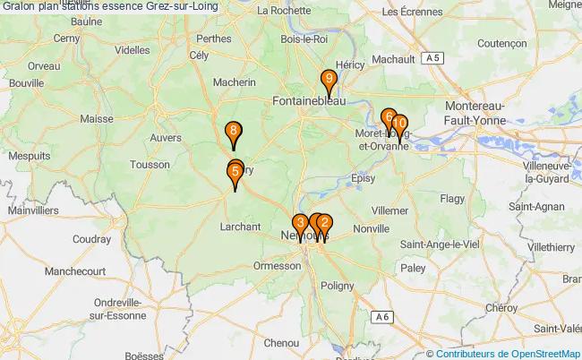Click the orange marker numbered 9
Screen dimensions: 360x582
[330, 81]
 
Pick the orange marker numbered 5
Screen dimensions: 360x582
[235, 173]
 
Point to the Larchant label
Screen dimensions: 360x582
[239, 227]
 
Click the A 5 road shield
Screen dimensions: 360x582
[433, 58]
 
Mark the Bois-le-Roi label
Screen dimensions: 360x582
[304, 39]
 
